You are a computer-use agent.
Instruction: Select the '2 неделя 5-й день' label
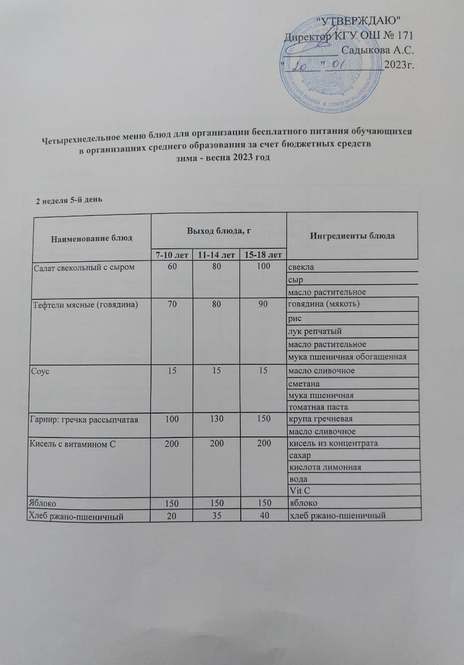point(68,200)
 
